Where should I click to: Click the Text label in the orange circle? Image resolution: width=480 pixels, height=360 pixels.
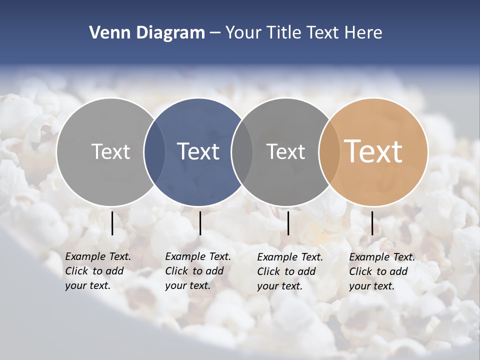(x=373, y=151)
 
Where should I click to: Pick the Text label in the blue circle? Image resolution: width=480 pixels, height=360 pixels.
(x=198, y=151)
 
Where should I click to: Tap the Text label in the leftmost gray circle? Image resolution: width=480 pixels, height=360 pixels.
(x=110, y=151)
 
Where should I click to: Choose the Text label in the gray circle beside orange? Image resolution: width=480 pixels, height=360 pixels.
(x=285, y=151)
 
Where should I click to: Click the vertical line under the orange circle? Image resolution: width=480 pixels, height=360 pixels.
(x=372, y=223)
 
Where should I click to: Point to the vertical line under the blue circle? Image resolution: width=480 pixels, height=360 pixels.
(x=200, y=223)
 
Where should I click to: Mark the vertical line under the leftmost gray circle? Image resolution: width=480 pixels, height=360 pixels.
(x=112, y=223)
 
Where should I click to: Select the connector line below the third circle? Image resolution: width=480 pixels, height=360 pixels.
(x=288, y=223)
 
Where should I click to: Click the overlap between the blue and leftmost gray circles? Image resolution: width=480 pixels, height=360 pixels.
(x=154, y=151)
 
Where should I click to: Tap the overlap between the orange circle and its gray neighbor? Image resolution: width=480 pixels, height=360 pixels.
(x=329, y=151)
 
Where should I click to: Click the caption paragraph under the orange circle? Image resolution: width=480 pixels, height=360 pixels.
(x=381, y=271)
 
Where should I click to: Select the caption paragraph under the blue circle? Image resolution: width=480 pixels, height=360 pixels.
(x=197, y=271)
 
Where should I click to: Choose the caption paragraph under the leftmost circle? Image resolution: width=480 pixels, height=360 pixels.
(x=97, y=271)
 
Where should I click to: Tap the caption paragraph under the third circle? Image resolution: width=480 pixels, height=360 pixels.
(x=289, y=271)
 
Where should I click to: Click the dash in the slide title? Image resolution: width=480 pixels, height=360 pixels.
(x=215, y=33)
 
